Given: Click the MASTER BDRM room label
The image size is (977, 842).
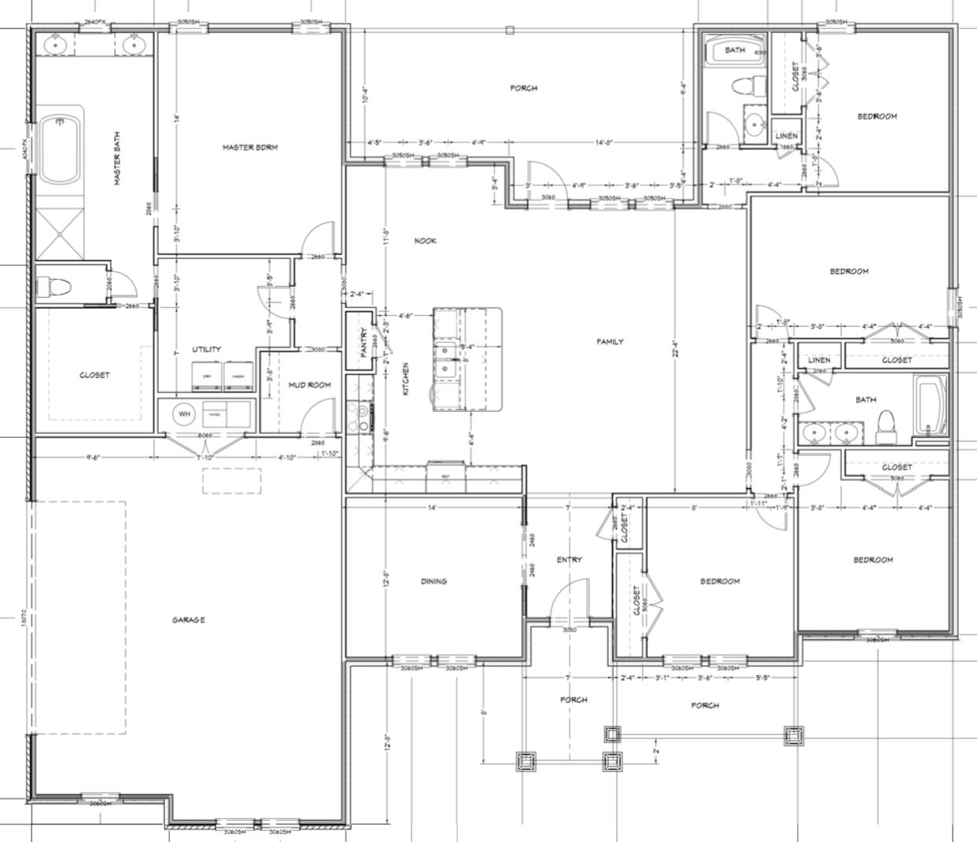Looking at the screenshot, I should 249,147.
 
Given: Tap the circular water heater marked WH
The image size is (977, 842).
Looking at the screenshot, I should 184,414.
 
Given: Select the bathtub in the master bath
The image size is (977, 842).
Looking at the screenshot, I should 61,149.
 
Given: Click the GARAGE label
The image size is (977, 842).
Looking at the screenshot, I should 189,620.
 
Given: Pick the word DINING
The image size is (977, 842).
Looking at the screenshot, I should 433,582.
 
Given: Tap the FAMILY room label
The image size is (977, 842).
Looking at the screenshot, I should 610,342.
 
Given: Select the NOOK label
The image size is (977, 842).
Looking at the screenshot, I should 425,241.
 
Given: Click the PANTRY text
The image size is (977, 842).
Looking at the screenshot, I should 364,344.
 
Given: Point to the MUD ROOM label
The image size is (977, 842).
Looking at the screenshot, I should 308,385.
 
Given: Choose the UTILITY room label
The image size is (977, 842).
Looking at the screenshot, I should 207,350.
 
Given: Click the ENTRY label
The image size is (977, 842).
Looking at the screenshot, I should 569,561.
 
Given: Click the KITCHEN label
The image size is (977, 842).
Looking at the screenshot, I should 406,379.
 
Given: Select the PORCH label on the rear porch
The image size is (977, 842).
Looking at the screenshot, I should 524,88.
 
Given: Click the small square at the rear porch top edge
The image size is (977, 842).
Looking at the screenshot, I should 510,31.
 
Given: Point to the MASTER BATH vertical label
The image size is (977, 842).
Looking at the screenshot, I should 117,158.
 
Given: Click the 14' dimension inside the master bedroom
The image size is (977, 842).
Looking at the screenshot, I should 178,118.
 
